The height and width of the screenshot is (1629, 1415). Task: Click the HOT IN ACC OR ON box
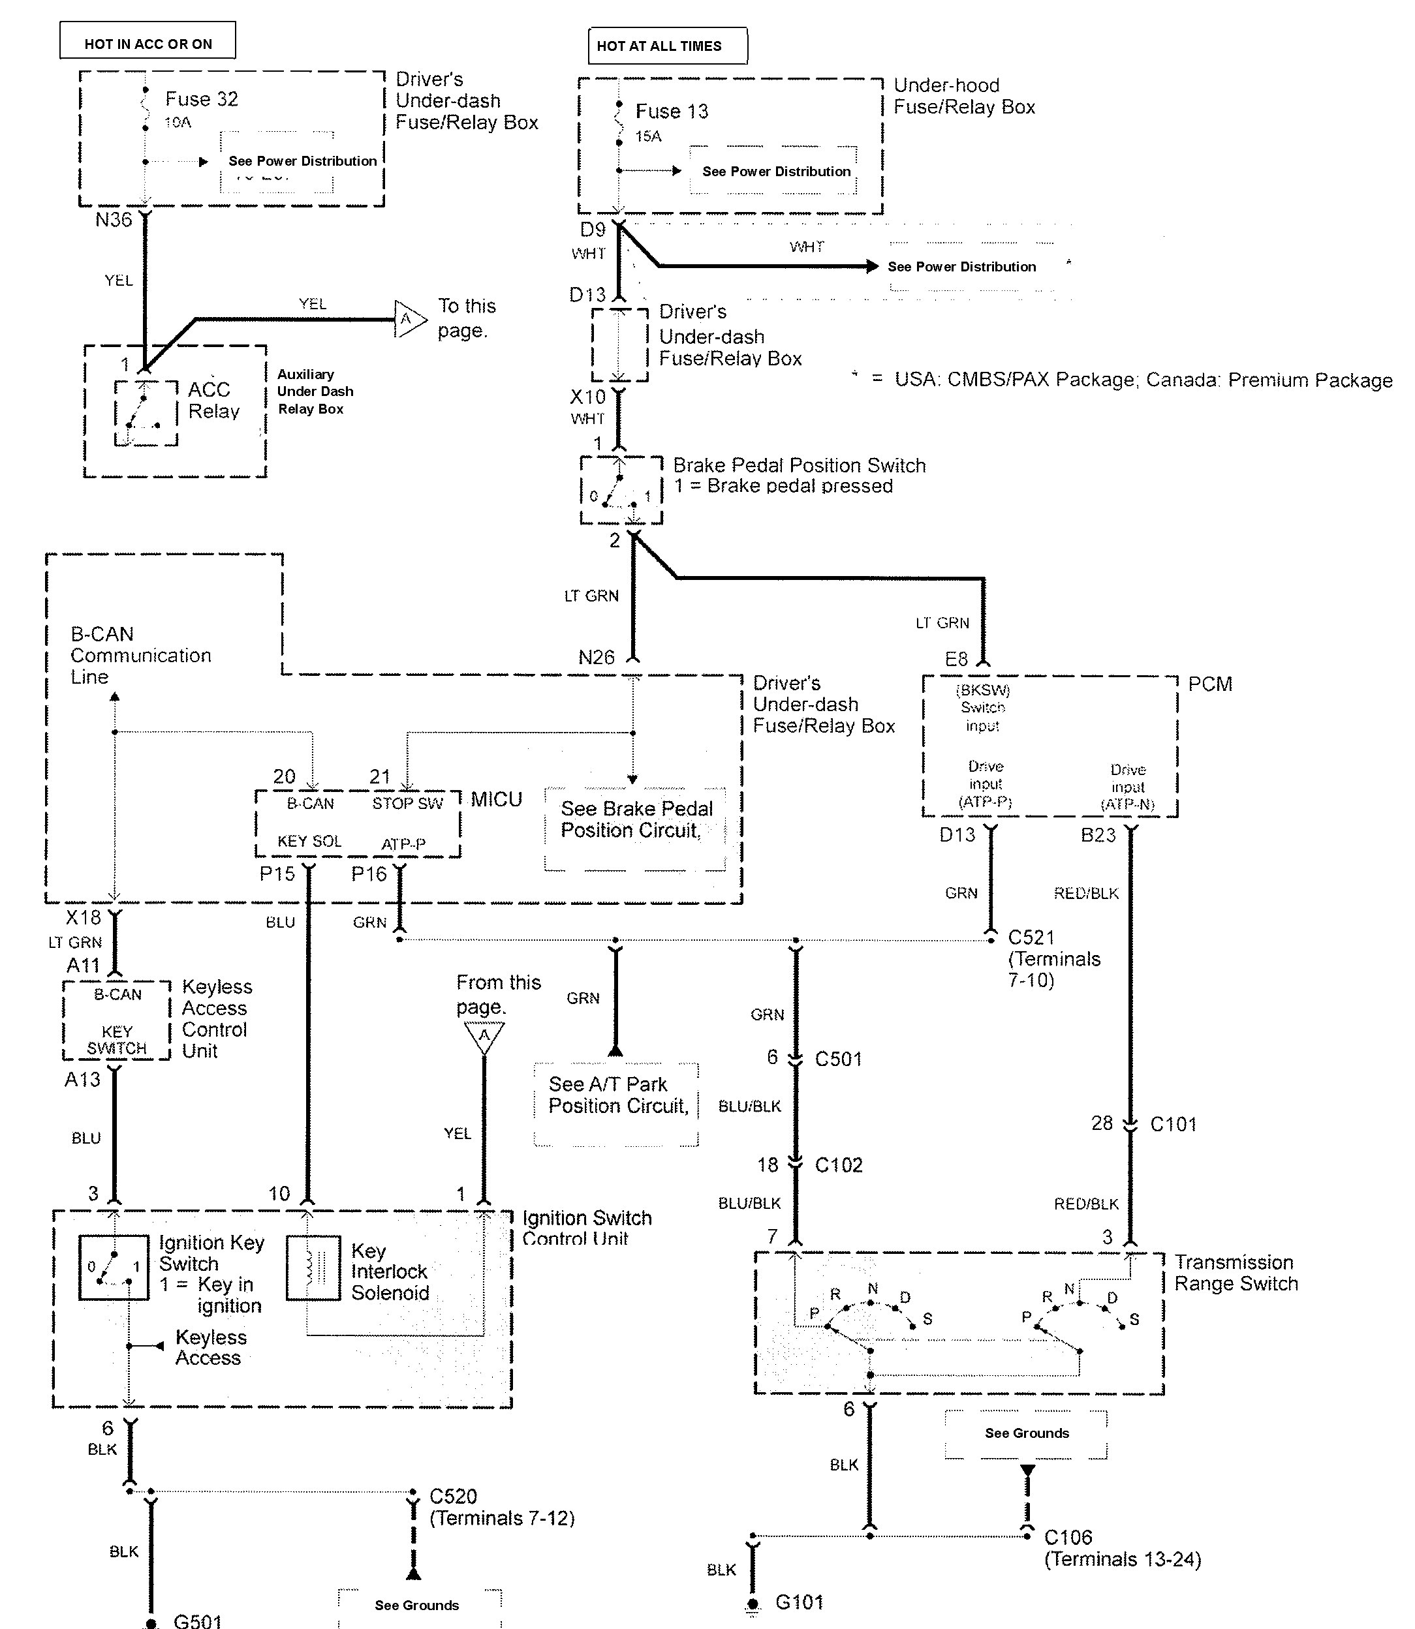[148, 41]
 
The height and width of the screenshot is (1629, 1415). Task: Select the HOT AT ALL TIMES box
[667, 46]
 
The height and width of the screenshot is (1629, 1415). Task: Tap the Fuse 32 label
[202, 99]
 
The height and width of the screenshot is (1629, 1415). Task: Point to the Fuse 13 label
[672, 112]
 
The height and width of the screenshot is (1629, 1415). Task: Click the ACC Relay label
[213, 400]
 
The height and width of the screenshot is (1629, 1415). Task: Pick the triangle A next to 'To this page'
[408, 319]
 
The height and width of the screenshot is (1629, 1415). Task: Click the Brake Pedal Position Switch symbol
[621, 490]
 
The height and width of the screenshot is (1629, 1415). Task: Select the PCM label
[1209, 684]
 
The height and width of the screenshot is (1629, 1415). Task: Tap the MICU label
[497, 800]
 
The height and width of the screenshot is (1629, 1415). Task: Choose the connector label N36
[114, 219]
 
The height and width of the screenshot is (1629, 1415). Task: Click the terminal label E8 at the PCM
[956, 659]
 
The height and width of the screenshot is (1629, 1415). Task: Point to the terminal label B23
[1098, 835]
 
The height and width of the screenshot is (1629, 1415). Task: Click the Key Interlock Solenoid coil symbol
[313, 1268]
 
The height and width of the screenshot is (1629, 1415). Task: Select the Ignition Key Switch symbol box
[114, 1268]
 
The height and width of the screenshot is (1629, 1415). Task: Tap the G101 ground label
[799, 1602]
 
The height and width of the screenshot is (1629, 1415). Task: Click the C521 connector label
[1031, 937]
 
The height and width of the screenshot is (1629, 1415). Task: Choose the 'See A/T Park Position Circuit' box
[617, 1104]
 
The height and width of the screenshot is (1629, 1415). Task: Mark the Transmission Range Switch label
[1236, 1273]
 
